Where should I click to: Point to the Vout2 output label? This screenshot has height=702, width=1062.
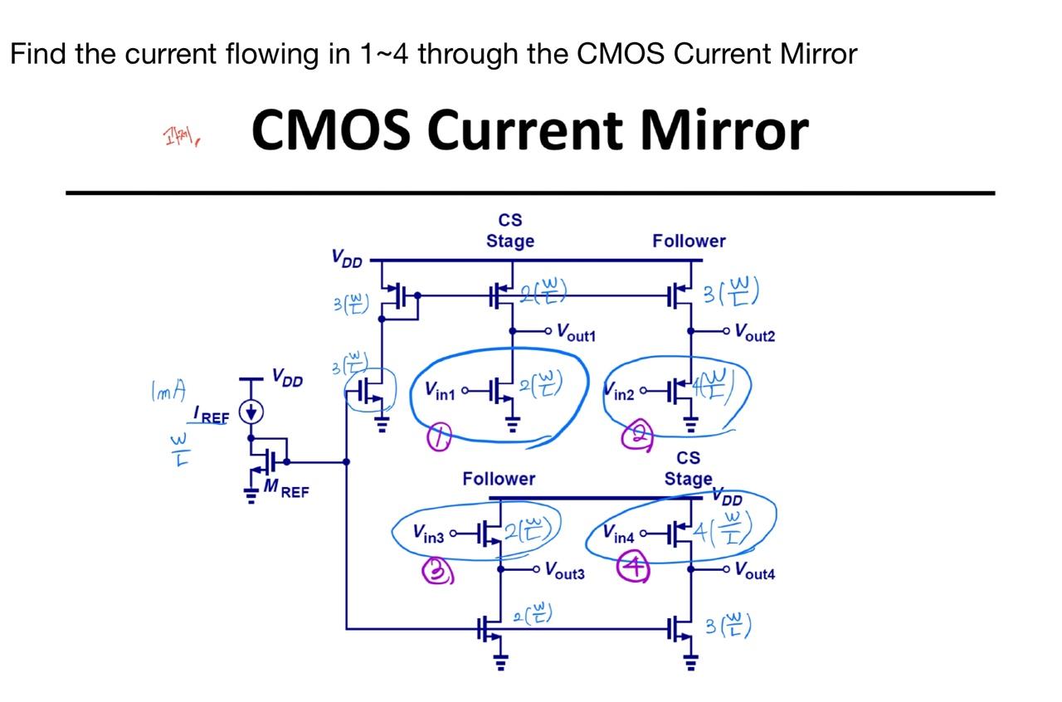point(753,334)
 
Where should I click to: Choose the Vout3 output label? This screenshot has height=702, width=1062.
point(564,571)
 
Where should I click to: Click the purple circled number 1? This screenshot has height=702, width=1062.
point(439,439)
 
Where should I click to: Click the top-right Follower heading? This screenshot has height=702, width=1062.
point(689,241)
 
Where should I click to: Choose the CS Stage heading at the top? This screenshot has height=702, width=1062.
point(510,231)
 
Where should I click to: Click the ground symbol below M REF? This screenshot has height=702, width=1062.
point(249,495)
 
